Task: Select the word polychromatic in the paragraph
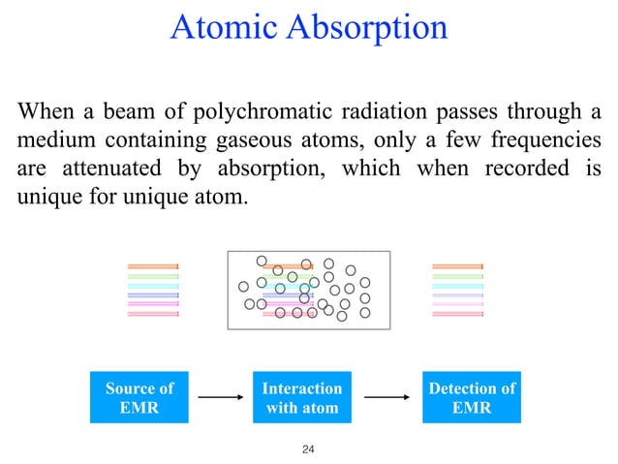pos(250,110)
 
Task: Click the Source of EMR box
pos(139,397)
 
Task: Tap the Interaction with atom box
pos(301,397)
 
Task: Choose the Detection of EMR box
pos(472,397)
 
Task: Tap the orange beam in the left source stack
pos(153,266)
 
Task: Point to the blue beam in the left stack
pos(153,295)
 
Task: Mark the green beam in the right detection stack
pos(457,276)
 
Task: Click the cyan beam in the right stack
pos(457,286)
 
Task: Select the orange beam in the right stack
pos(457,266)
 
